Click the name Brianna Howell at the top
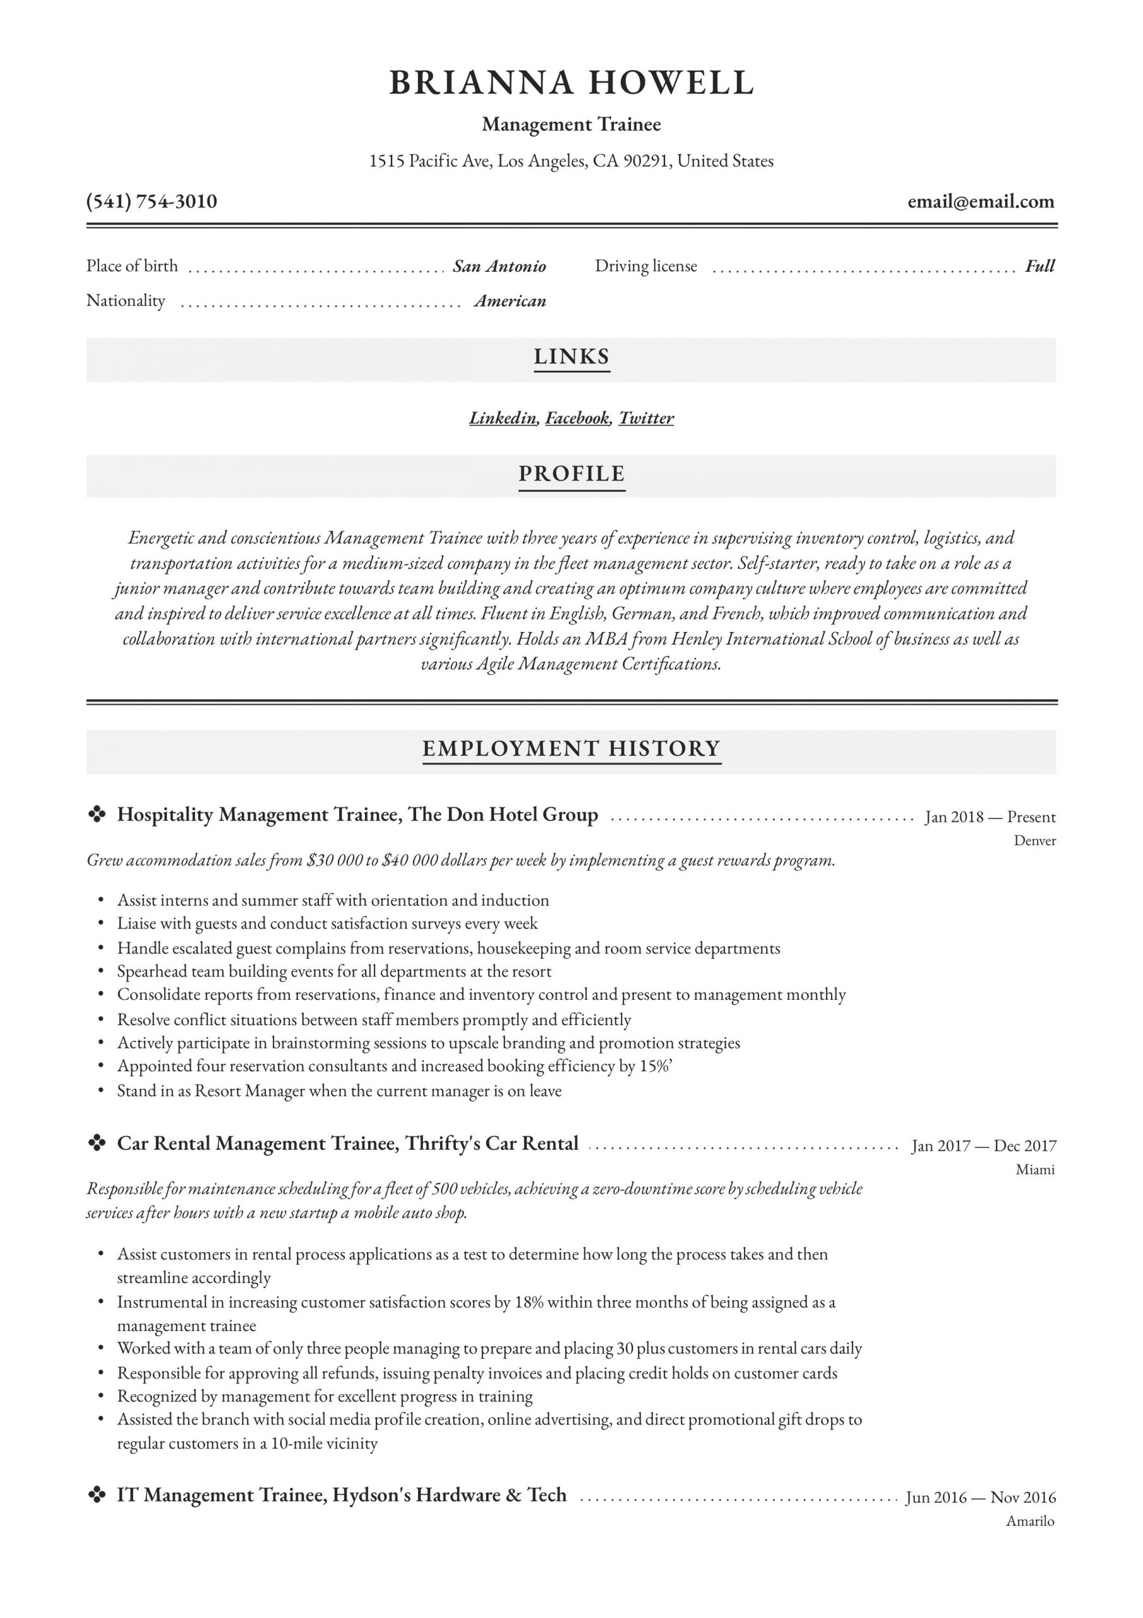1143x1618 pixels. point(571,83)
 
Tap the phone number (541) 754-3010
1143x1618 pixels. point(152,202)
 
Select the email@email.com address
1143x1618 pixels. point(980,202)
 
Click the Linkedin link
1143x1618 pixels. point(503,418)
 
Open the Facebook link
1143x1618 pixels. point(577,418)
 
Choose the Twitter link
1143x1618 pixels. point(646,418)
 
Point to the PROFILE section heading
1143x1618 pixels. point(571,473)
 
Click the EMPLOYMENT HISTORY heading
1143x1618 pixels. point(571,748)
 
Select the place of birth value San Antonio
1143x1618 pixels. point(500,266)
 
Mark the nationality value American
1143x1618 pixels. point(510,301)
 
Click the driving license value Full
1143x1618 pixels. point(1039,266)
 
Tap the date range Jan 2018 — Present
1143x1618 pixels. point(990,817)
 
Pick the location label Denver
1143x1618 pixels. point(1034,840)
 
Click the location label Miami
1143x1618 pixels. point(1034,1169)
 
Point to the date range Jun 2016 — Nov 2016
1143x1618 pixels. point(980,1497)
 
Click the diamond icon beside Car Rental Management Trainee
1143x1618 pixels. point(97,1143)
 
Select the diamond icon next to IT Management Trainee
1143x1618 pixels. point(97,1495)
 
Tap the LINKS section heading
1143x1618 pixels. point(571,356)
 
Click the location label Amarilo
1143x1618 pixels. point(1029,1521)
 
